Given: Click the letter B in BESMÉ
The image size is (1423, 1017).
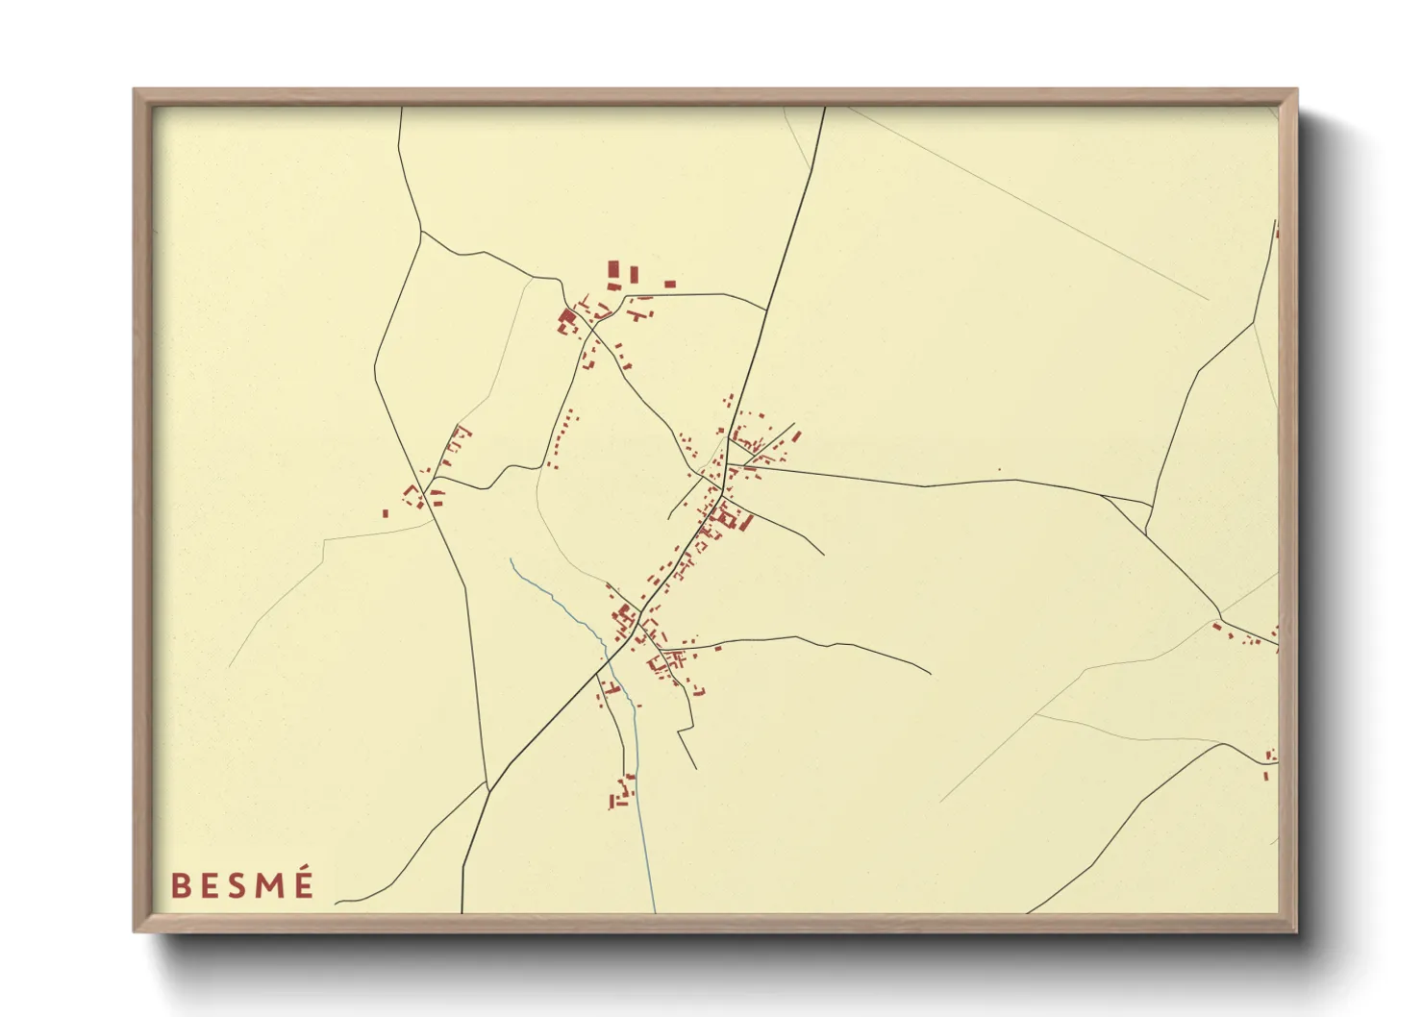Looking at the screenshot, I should point(180,885).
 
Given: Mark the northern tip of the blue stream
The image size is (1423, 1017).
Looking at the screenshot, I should point(511,559).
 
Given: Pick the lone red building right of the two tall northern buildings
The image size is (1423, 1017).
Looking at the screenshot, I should point(670,284).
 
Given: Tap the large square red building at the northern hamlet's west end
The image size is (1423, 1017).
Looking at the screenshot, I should point(566,316).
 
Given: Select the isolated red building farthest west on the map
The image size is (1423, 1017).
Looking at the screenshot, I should point(385,513).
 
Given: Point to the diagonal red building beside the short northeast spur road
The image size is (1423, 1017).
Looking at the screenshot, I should point(796,436).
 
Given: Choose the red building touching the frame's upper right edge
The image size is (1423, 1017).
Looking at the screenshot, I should point(1276,233).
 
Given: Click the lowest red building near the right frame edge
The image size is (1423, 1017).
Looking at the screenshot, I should point(1265,774).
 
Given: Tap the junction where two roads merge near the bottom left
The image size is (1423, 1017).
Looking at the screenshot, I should point(487,789).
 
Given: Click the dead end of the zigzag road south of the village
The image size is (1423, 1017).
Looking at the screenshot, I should point(695,768).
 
